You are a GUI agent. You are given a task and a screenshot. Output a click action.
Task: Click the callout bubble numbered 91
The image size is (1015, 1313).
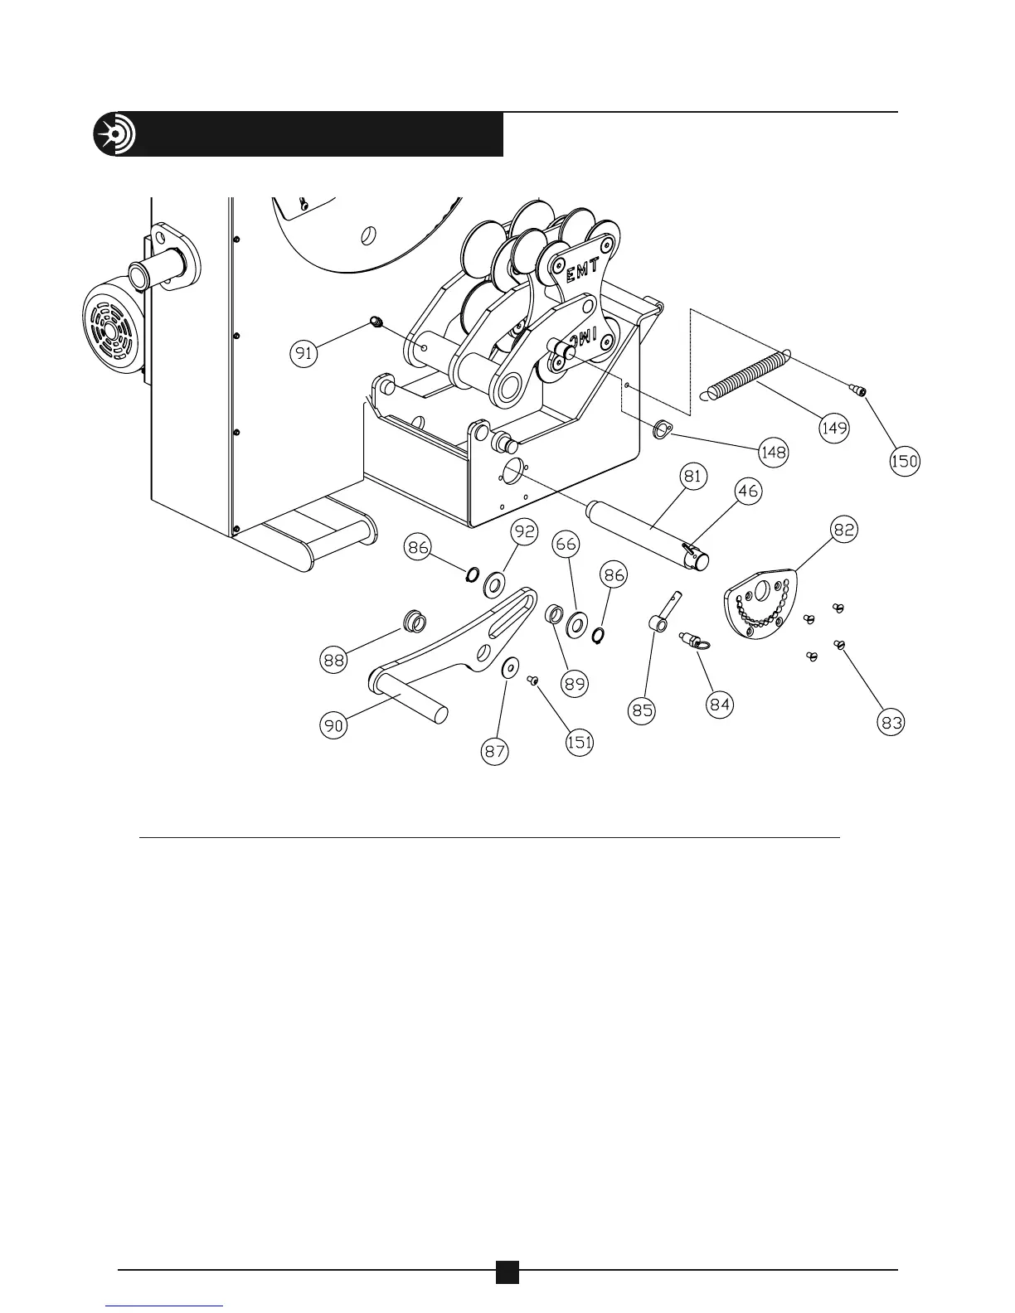click(x=305, y=354)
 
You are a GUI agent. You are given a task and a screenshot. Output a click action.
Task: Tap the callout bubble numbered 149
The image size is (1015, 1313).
click(x=834, y=428)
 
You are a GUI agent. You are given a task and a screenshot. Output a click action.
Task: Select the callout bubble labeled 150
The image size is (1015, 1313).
click(x=905, y=460)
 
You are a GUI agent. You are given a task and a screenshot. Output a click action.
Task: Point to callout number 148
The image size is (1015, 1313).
click(x=773, y=453)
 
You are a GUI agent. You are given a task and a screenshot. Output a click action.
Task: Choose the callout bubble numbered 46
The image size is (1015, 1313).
click(x=748, y=492)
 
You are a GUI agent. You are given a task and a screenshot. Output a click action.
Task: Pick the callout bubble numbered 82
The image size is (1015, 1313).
click(x=844, y=530)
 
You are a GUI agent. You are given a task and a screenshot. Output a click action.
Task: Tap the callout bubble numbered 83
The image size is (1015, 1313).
click(x=892, y=723)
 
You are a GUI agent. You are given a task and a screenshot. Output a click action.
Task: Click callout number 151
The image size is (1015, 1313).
click(x=579, y=742)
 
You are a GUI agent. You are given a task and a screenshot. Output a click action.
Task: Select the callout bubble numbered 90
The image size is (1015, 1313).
click(x=334, y=725)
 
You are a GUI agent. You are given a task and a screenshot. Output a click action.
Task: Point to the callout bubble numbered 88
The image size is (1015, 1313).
click(x=334, y=660)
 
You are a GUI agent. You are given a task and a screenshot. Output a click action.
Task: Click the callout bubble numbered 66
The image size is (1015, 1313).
click(x=567, y=545)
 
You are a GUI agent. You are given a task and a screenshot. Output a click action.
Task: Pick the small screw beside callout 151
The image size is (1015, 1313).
click(x=534, y=680)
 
